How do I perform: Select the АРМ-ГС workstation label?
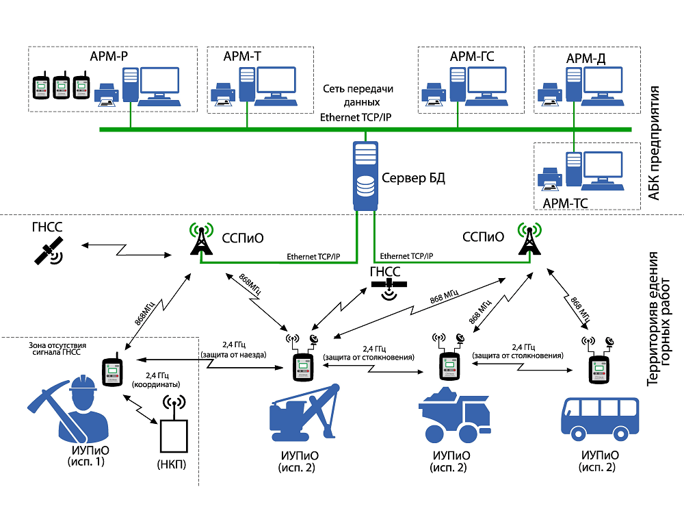[472, 57]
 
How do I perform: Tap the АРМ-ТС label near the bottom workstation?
[564, 203]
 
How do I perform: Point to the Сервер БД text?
[413, 179]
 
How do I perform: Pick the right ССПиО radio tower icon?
[529, 239]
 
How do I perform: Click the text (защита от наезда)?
[234, 355]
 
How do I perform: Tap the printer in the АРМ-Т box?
[224, 95]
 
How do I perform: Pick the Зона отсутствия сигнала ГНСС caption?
[67, 349]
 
